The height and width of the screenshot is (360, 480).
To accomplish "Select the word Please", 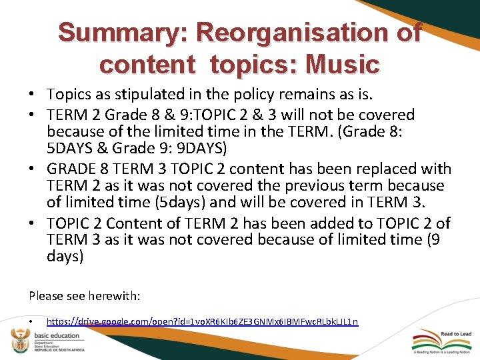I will point(46,294).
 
